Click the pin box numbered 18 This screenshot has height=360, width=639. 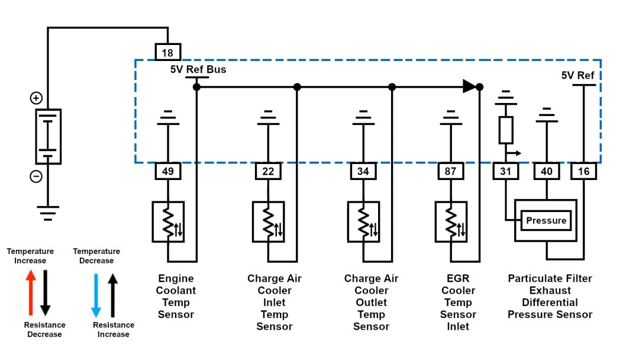(167, 53)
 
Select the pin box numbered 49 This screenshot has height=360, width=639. (167, 171)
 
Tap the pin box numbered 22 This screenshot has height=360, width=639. (268, 171)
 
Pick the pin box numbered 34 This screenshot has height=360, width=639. (363, 171)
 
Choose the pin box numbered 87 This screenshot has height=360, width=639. (451, 171)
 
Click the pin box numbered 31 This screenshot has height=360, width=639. (506, 171)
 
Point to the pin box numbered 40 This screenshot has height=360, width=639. (547, 171)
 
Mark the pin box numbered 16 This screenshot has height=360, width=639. (584, 171)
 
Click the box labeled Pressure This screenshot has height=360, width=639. (546, 221)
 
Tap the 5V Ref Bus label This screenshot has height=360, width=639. (198, 69)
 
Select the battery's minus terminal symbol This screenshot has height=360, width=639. (36, 176)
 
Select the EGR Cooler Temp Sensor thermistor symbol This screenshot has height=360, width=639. (451, 221)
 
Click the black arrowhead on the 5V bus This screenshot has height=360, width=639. (469, 86)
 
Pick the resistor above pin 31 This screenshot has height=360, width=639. (505, 130)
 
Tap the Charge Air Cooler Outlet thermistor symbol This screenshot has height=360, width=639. (363, 221)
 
